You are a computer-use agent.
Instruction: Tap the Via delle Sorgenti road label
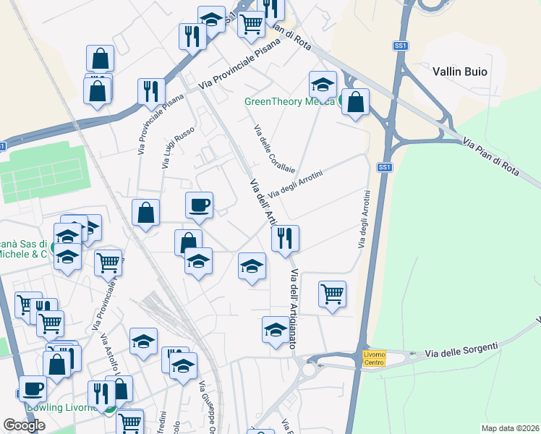(x=461, y=350)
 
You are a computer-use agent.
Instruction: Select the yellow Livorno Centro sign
(x=375, y=357)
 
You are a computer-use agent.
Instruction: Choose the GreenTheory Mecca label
(x=289, y=101)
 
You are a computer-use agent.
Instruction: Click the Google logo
(x=24, y=425)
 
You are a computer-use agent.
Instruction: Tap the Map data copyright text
(x=511, y=428)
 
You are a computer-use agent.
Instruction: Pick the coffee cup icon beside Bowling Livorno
(x=33, y=388)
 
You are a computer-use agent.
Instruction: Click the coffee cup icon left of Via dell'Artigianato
(x=199, y=205)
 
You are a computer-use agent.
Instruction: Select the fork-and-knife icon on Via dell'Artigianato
(x=285, y=238)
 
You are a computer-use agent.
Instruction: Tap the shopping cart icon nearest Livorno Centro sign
(x=332, y=294)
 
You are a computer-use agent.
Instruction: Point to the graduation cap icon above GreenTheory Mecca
(x=322, y=85)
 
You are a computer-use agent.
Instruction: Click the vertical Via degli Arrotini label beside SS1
(x=364, y=219)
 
